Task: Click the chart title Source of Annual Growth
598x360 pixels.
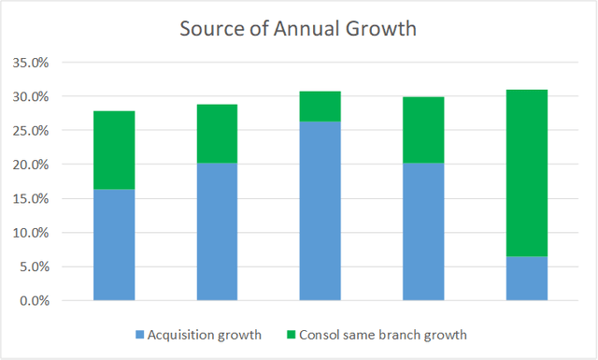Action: coord(299,29)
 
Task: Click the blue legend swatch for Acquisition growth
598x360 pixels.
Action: coord(138,334)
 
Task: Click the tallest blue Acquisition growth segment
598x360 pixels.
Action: coord(320,210)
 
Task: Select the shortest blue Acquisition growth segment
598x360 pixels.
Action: coord(526,279)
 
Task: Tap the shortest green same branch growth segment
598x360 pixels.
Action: coord(320,106)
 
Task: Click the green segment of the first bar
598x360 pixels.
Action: coord(114,150)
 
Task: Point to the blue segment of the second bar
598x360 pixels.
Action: coord(217,232)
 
